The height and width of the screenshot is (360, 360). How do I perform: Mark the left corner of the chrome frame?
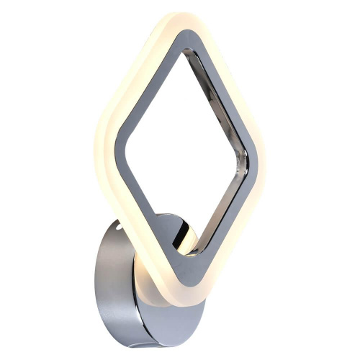tap(118, 140)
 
